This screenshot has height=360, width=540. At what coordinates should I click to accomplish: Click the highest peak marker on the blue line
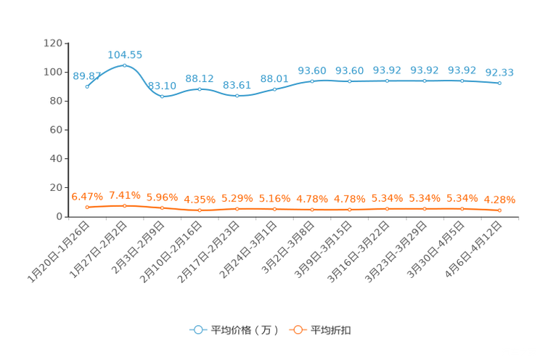pyautogui.click(x=125, y=65)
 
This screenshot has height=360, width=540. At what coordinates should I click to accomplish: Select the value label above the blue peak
pyautogui.click(x=125, y=54)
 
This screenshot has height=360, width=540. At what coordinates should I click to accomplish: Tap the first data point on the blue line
pyautogui.click(x=87, y=86)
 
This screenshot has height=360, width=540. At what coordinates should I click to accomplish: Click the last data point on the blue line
pyautogui.click(x=499, y=83)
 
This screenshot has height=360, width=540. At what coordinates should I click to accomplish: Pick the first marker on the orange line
pyautogui.click(x=87, y=208)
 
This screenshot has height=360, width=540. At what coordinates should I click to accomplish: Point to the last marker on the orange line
pyautogui.click(x=499, y=210)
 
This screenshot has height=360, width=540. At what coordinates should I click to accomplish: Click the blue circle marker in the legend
pyautogui.click(x=197, y=330)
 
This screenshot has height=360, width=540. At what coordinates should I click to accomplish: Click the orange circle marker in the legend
pyautogui.click(x=298, y=330)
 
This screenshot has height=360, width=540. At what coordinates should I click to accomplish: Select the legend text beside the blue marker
pyautogui.click(x=244, y=330)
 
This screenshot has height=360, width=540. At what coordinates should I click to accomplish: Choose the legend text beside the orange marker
pyautogui.click(x=332, y=330)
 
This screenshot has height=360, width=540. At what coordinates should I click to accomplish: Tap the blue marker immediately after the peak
pyautogui.click(x=162, y=97)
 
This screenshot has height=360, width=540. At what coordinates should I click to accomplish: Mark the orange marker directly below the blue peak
pyautogui.click(x=125, y=206)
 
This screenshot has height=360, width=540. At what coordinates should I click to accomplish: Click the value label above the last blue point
pyautogui.click(x=499, y=72)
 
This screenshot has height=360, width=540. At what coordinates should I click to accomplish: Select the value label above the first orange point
pyautogui.click(x=87, y=197)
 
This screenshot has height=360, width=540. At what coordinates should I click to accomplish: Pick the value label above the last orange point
pyautogui.click(x=499, y=200)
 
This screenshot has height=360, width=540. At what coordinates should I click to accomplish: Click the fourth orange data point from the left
pyautogui.click(x=200, y=210)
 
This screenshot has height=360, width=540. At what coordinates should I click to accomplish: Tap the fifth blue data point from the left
pyautogui.click(x=237, y=96)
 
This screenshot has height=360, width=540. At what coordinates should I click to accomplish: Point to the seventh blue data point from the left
pyautogui.click(x=312, y=81)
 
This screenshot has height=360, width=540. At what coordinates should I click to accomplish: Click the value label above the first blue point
pyautogui.click(x=86, y=75)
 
